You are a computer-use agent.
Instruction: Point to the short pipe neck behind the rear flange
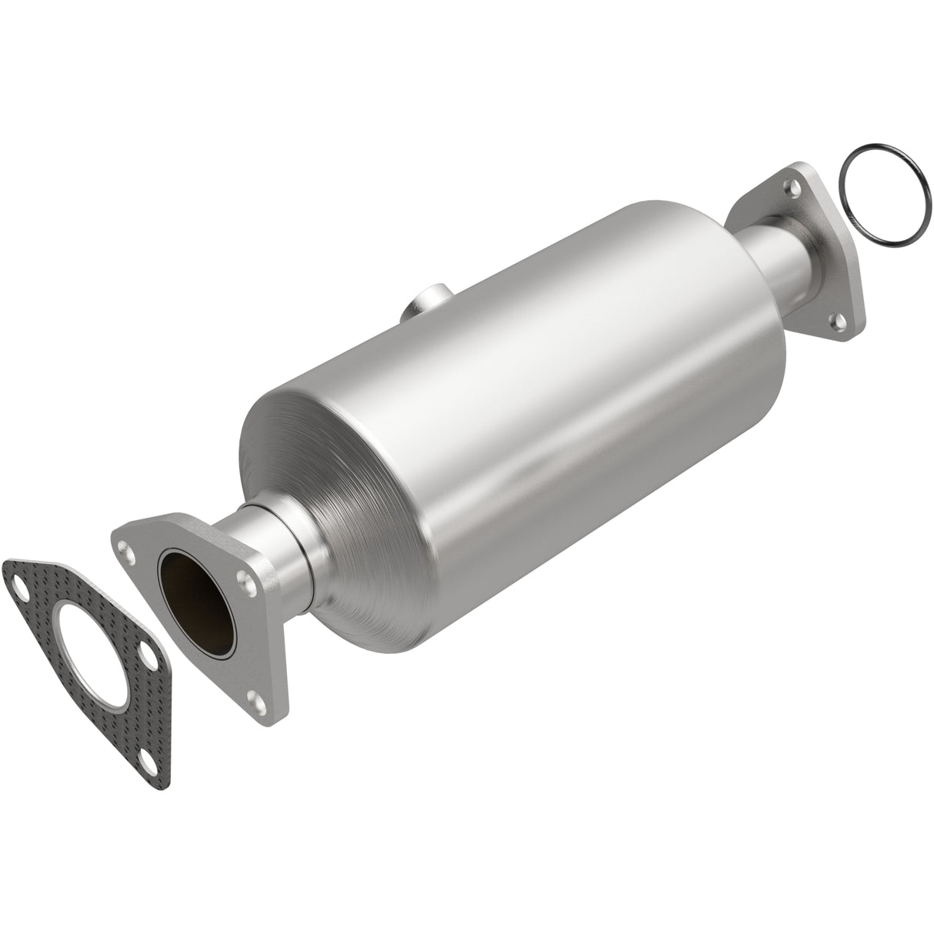(777, 261)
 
